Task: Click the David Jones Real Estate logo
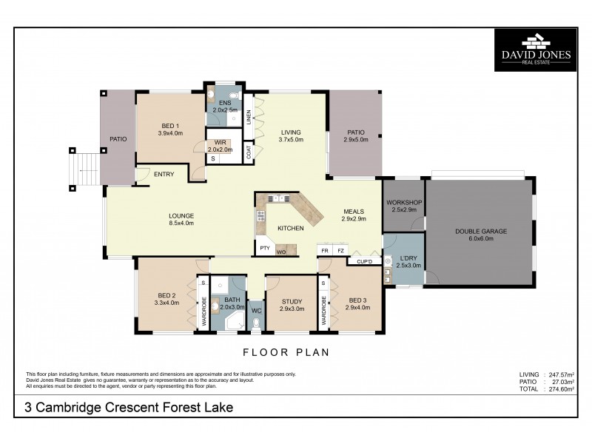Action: [536, 49]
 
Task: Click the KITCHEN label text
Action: [290, 229]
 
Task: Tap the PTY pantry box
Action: [263, 248]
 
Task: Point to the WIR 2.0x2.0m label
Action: [220, 146]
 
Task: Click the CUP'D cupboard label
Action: [364, 261]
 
